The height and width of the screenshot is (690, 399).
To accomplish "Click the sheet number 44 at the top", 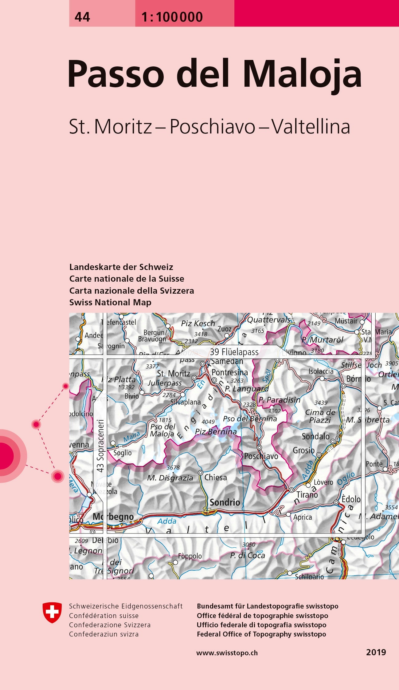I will (82, 17).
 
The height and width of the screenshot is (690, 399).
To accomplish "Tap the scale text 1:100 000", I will (172, 17).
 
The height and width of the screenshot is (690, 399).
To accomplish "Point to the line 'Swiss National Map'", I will (110, 302).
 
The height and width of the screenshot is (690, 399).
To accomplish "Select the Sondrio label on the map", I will (225, 502).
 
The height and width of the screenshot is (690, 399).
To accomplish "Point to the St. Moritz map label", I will (174, 374).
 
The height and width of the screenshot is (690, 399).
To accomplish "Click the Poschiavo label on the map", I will (261, 456).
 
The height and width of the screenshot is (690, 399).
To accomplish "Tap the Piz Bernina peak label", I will (216, 432).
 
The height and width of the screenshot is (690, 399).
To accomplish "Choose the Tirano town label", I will (307, 495).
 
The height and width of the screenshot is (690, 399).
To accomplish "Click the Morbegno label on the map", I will (113, 517).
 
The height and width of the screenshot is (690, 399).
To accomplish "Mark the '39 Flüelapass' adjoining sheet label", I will (234, 352).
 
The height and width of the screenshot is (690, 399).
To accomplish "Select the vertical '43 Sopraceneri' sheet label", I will (100, 446).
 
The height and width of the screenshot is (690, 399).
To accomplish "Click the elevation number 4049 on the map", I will (208, 422).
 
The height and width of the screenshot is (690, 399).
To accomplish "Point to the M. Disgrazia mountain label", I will (170, 478).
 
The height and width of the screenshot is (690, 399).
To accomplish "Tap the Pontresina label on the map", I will (229, 372).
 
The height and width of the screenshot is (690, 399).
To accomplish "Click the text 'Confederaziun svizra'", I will (104, 634).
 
